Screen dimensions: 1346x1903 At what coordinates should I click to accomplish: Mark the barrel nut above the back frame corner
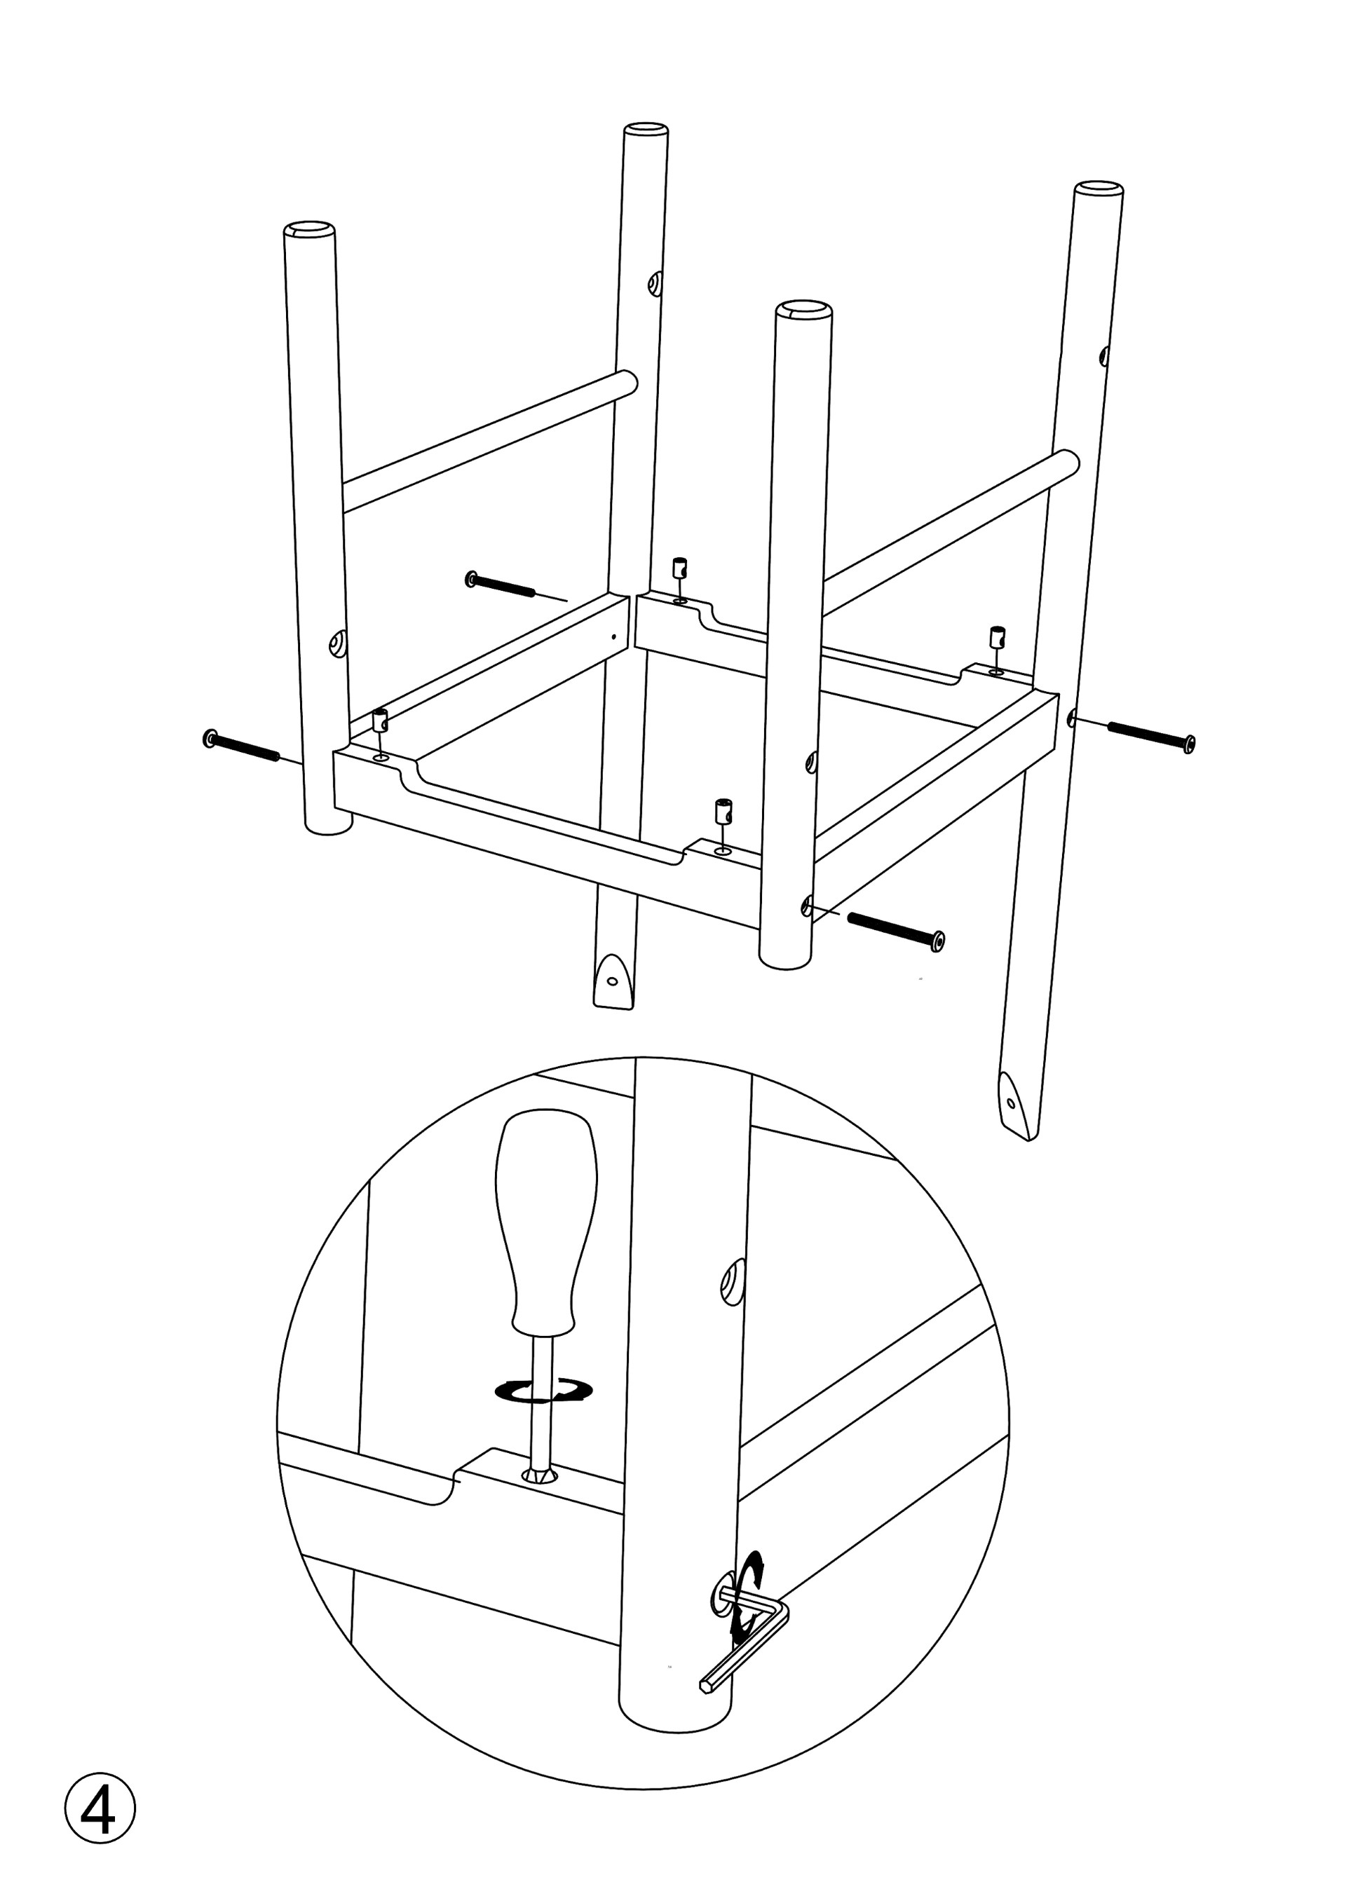tap(679, 568)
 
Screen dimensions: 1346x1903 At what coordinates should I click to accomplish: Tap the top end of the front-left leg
tap(309, 230)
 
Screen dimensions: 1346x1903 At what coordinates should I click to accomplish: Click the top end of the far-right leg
tap(1099, 188)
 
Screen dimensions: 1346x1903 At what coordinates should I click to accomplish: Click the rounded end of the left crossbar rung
tap(628, 383)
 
